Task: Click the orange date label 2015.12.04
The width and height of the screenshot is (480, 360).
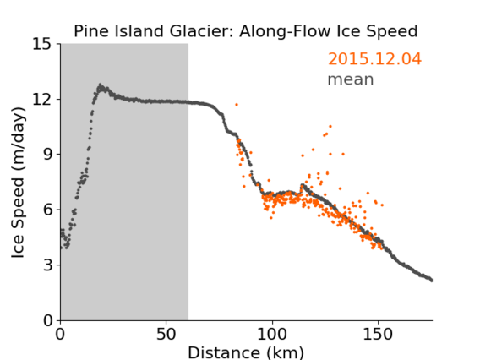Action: point(374,59)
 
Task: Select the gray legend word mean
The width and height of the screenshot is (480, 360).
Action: point(351,79)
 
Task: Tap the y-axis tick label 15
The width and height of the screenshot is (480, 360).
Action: point(42,44)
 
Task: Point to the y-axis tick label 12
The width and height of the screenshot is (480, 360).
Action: point(42,99)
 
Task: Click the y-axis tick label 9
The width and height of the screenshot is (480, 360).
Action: point(47,155)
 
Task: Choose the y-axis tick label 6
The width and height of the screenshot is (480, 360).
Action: point(47,210)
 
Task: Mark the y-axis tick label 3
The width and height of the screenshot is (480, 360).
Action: point(47,265)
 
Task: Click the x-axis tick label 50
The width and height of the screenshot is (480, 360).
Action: point(166,335)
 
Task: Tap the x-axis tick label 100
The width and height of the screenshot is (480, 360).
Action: point(272,335)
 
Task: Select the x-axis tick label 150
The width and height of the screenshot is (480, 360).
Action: point(378,335)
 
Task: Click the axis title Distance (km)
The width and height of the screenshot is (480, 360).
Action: point(246,352)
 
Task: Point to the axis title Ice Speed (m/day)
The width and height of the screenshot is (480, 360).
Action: point(18,183)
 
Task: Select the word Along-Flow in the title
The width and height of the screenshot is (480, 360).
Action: point(286,31)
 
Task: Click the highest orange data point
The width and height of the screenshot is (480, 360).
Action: point(237,105)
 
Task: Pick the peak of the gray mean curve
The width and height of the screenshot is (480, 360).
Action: point(100,85)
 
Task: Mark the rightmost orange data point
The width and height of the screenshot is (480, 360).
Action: point(382,205)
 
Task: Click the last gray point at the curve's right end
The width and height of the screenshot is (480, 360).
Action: point(431,280)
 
